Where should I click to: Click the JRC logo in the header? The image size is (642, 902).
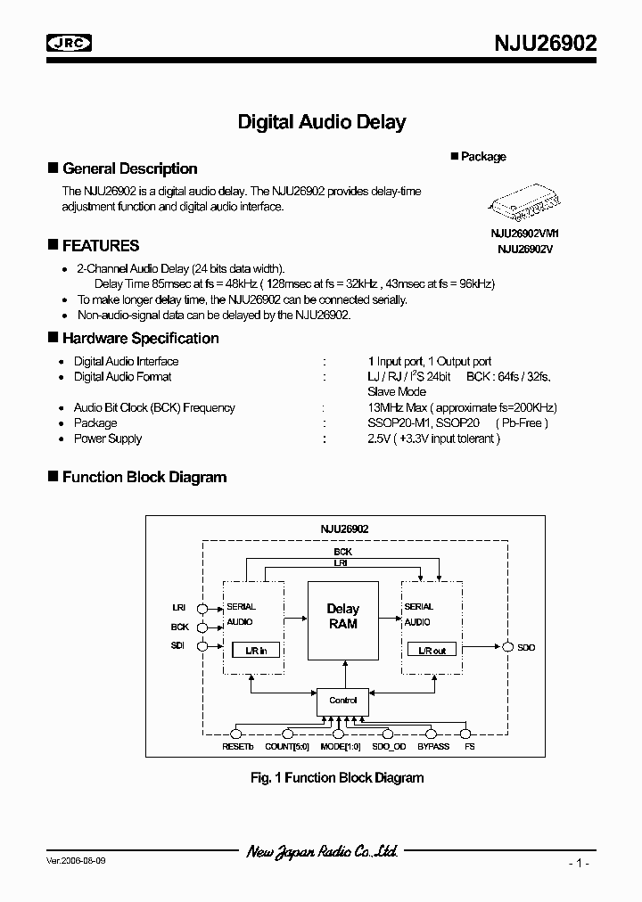[x=70, y=43]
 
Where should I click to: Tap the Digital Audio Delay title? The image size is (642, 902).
[x=321, y=122]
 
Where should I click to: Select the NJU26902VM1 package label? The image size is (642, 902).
[x=524, y=234]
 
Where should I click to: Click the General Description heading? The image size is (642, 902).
[x=129, y=168]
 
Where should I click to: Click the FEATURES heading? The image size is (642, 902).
[x=100, y=245]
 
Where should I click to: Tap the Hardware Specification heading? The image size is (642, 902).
[x=140, y=338]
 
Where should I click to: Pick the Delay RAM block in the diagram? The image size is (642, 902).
[x=342, y=616]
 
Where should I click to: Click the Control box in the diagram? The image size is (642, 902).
[x=342, y=701]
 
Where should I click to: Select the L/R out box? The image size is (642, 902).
[x=432, y=650]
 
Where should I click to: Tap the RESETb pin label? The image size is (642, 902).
[x=237, y=745]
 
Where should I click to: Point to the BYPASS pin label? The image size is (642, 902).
[x=433, y=745]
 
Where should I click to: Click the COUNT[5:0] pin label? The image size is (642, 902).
[x=286, y=745]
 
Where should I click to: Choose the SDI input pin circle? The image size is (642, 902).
[x=202, y=646]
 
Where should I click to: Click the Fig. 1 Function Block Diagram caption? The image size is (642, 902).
[x=337, y=777]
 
